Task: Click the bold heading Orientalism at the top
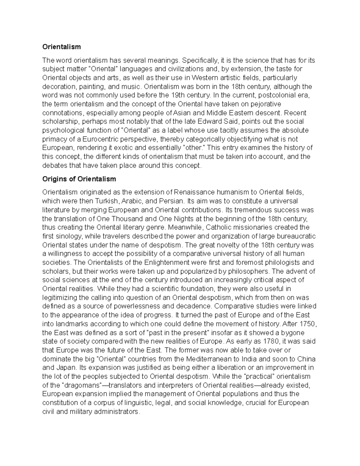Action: tap(61, 47)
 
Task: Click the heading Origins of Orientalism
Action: tap(79, 179)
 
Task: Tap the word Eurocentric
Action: tap(101, 139)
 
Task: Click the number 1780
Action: tap(271, 341)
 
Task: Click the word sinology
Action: tap(65, 236)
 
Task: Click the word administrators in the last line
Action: tap(116, 412)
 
